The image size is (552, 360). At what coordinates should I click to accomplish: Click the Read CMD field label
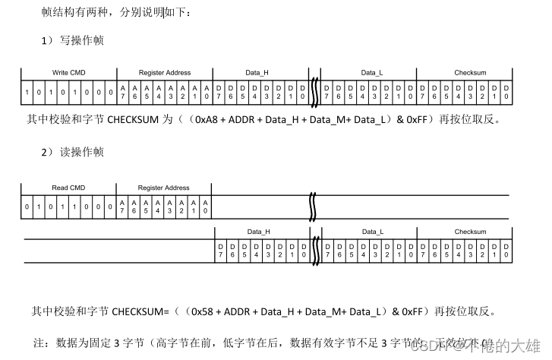69,188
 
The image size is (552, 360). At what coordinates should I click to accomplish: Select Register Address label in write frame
165,73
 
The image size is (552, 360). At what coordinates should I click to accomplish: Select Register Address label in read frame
164,188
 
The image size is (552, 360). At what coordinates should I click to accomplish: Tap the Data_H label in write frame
257,73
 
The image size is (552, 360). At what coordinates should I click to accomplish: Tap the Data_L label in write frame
372,73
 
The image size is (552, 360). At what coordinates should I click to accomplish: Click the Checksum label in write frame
470,73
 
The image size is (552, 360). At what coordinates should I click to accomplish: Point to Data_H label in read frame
259,232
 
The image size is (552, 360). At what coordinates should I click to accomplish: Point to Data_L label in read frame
372,232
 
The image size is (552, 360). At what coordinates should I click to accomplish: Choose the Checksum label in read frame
470,232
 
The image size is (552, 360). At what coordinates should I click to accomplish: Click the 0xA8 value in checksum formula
208,120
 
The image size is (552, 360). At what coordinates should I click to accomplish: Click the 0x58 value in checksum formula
203,311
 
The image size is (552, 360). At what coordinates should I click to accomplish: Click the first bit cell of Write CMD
28,93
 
